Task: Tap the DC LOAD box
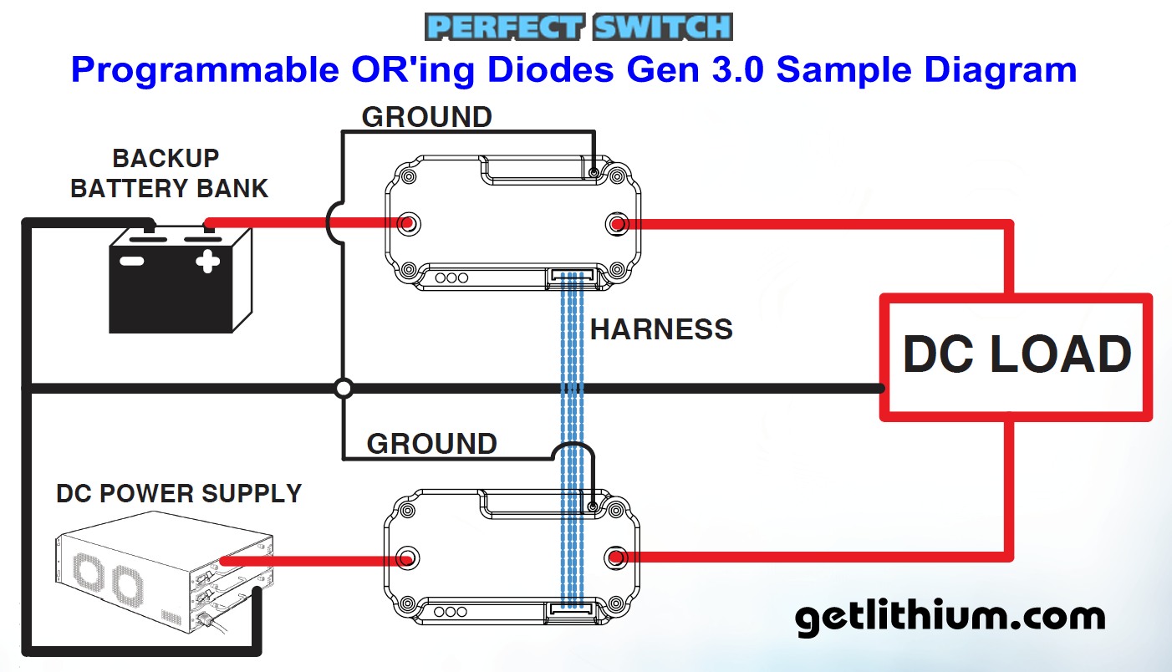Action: click(1016, 354)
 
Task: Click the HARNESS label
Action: click(661, 329)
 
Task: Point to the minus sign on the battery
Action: click(132, 261)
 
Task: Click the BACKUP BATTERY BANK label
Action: click(168, 173)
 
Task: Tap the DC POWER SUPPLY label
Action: click(178, 493)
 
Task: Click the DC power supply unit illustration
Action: click(160, 578)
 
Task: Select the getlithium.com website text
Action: click(949, 618)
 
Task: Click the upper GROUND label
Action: click(426, 117)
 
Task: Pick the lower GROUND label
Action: click(431, 443)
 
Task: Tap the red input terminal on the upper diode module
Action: click(409, 224)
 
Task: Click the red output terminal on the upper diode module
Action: click(617, 224)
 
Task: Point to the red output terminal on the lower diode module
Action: click(616, 557)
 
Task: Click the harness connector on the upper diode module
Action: click(572, 275)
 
